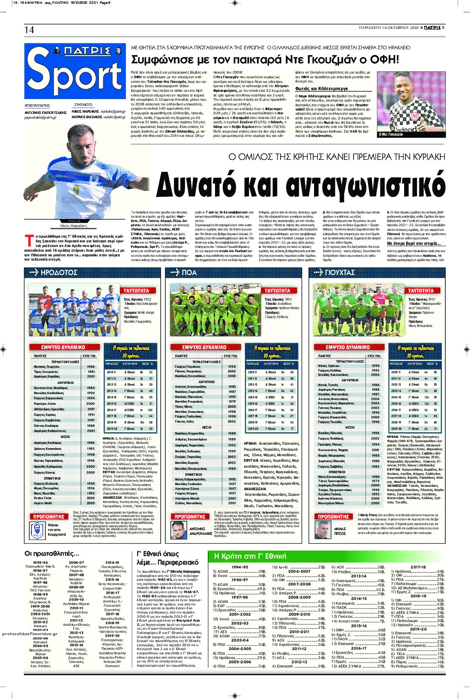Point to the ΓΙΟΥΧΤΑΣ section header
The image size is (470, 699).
334,273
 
